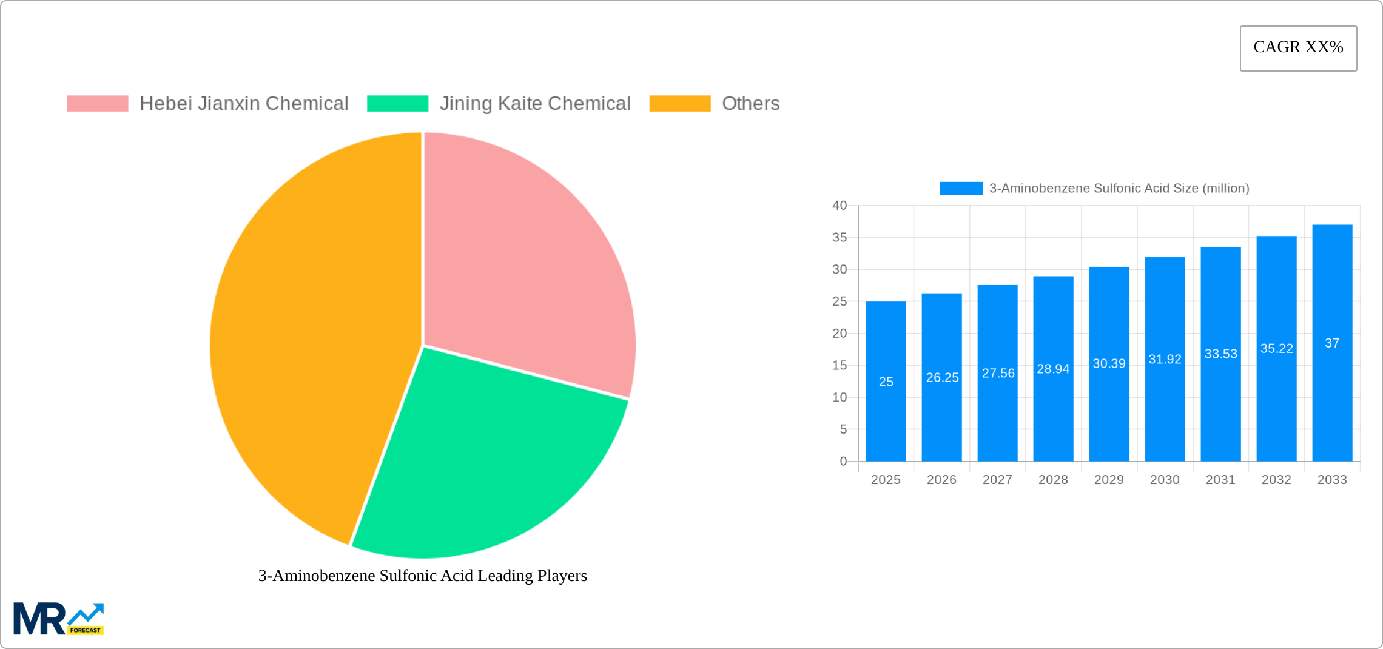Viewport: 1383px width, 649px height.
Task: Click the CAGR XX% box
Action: point(1298,48)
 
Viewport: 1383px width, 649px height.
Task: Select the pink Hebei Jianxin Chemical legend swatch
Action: point(98,104)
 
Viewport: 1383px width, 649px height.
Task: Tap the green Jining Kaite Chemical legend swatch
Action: point(397,104)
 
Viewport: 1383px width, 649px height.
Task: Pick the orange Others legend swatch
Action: point(679,104)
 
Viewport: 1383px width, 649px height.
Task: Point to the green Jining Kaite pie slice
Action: point(485,461)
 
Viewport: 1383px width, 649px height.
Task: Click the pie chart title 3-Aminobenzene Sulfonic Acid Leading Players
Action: point(423,576)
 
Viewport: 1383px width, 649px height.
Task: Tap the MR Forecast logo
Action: point(59,619)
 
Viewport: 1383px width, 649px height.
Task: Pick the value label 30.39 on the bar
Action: point(1109,364)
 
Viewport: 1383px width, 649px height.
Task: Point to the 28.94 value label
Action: point(1053,369)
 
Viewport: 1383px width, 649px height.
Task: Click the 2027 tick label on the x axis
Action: point(997,480)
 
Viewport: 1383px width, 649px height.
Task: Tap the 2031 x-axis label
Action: point(1220,480)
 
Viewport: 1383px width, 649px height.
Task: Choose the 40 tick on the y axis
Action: point(840,206)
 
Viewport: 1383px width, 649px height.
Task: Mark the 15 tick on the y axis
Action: point(840,365)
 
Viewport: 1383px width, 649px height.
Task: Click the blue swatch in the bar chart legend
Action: point(961,189)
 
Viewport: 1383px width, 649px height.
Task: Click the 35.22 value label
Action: point(1276,349)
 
